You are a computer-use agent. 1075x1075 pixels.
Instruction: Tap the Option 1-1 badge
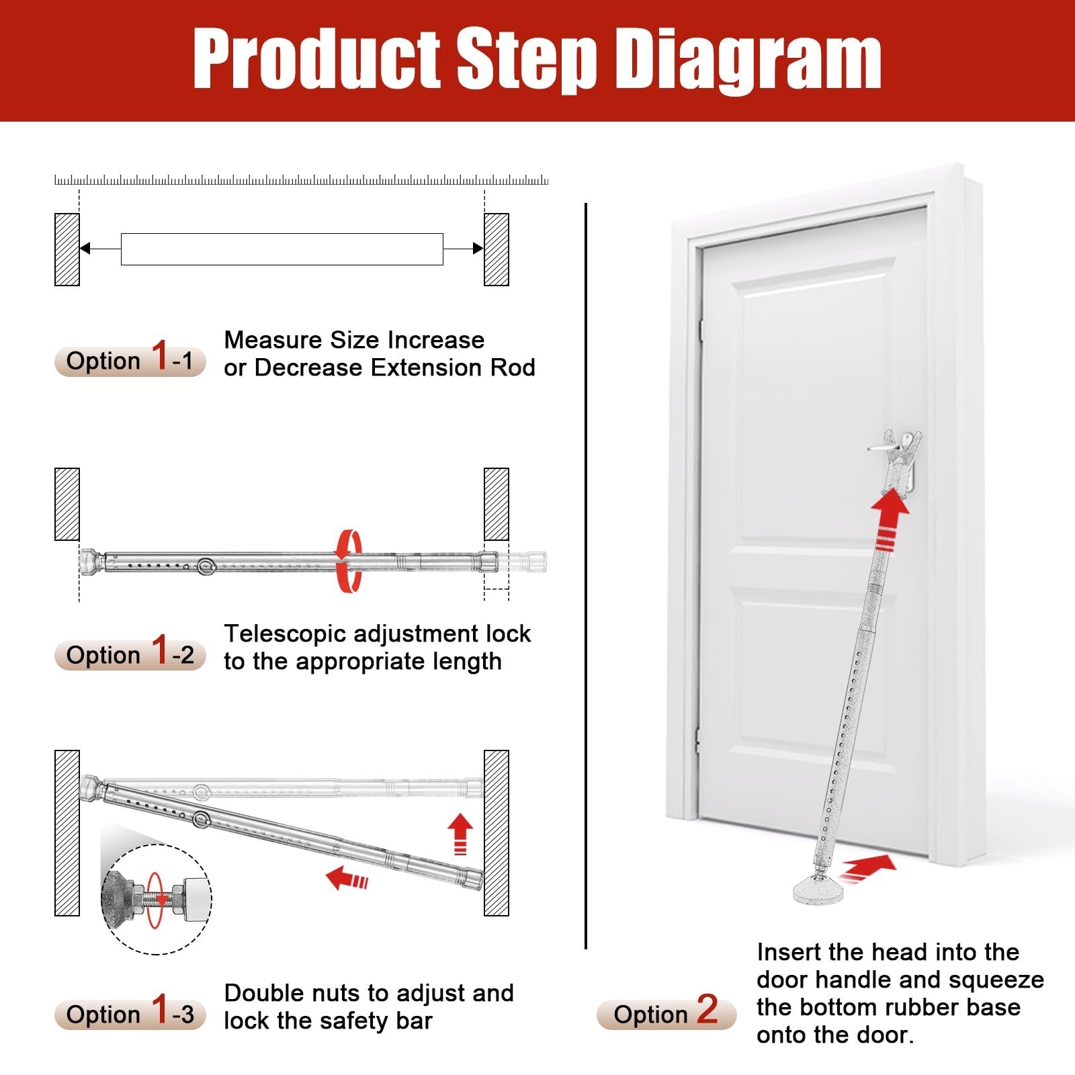point(130,361)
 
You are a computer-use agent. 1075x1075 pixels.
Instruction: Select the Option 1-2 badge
point(130,655)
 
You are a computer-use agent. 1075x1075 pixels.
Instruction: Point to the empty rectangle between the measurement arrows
point(282,249)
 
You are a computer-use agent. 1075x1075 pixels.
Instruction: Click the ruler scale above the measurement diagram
point(301,180)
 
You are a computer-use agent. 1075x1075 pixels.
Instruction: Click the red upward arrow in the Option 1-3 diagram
point(460,834)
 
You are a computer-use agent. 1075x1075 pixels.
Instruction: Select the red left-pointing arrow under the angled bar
point(347,877)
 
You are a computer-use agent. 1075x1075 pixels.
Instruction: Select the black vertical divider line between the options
point(586,576)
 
